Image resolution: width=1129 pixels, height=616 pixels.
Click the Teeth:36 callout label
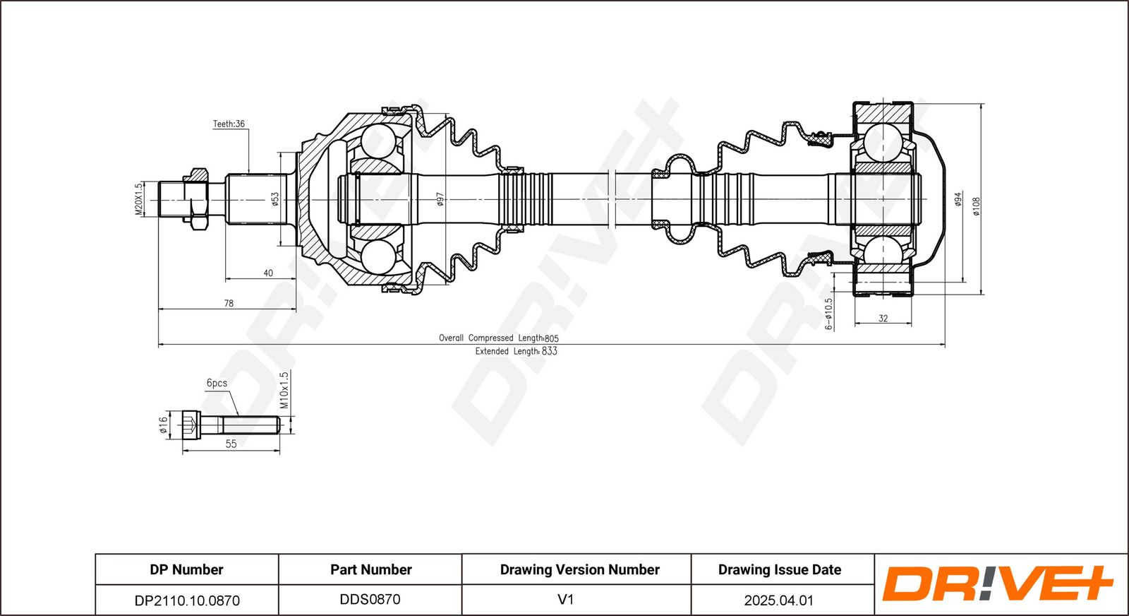[229, 124]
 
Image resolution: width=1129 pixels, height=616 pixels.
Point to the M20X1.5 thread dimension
[139, 199]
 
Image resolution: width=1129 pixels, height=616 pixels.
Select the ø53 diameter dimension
[274, 199]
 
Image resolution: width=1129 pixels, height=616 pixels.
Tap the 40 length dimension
[268, 273]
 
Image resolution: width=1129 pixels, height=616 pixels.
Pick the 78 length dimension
[229, 303]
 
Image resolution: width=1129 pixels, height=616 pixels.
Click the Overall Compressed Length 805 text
[499, 338]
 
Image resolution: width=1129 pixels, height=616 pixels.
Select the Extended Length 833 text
[516, 351]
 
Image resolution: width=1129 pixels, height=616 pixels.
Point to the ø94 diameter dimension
[958, 199]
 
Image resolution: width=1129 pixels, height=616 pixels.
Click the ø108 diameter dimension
[977, 206]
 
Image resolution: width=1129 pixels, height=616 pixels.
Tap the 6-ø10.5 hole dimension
[828, 314]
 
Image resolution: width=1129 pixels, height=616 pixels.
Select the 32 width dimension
[883, 319]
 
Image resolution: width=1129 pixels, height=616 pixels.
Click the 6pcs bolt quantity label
[217, 383]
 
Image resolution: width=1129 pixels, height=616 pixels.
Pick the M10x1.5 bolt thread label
[284, 391]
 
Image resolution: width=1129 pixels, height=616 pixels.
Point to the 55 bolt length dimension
[231, 444]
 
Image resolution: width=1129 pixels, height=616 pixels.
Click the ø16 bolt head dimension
[163, 425]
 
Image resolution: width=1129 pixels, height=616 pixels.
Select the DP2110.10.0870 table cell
[187, 600]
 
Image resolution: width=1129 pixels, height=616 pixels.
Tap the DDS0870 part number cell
[370, 599]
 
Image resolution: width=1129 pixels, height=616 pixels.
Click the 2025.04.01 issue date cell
[779, 600]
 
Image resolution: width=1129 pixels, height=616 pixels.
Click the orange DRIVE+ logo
[998, 584]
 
